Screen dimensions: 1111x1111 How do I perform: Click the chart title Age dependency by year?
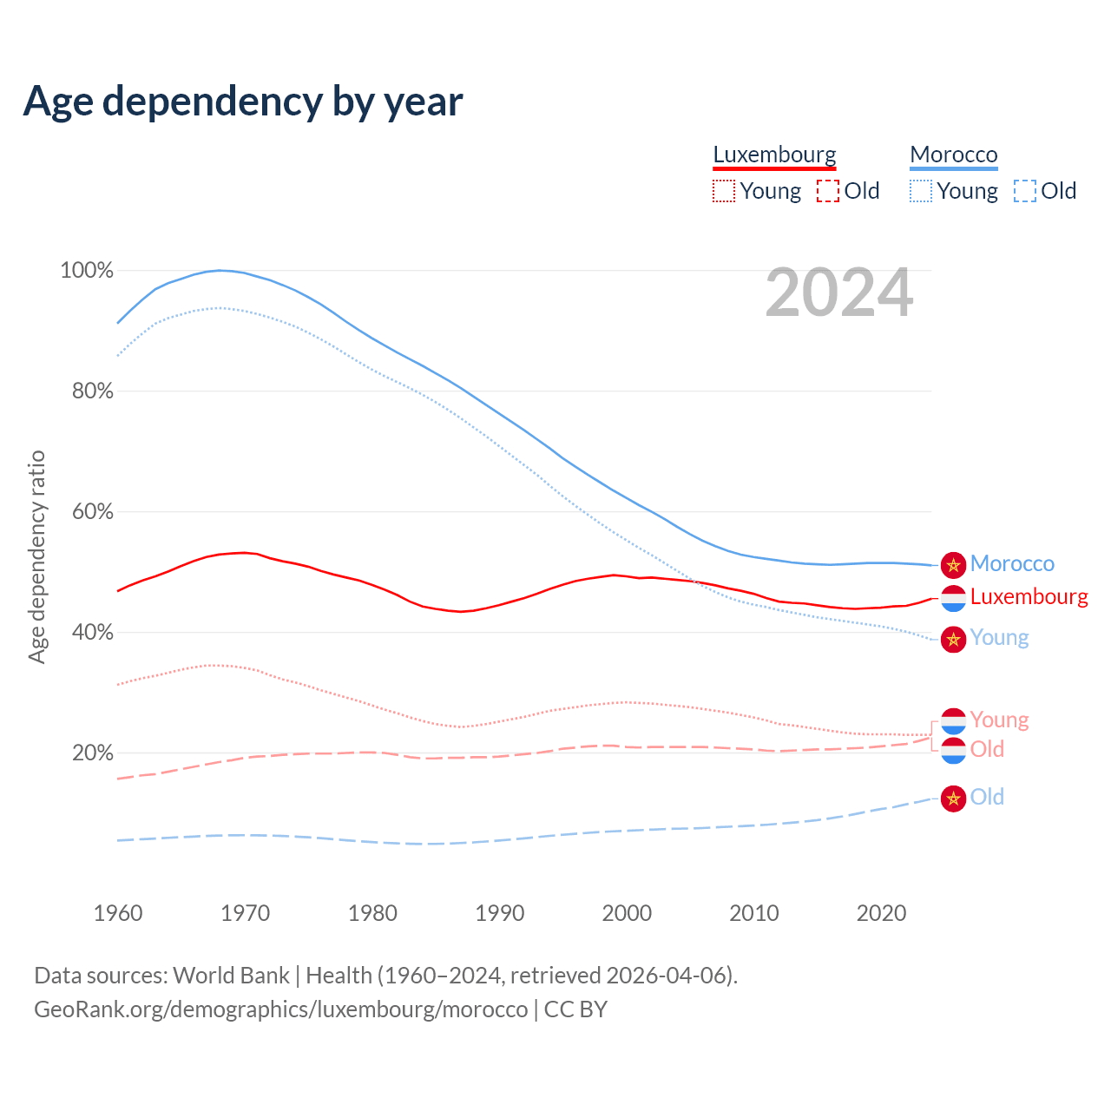point(243,102)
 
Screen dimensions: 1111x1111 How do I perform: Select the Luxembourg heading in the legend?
point(774,154)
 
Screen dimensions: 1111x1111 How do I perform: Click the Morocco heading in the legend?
point(954,154)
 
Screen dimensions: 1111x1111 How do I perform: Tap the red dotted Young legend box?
point(724,191)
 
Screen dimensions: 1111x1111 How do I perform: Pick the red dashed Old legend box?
point(828,191)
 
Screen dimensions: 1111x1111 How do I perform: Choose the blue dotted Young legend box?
point(921,191)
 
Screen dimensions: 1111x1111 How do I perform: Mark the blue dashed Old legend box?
point(1025,191)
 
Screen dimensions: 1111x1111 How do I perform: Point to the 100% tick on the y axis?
point(87,271)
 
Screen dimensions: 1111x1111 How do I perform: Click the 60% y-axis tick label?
point(92,512)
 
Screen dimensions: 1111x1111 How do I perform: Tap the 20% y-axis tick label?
point(92,753)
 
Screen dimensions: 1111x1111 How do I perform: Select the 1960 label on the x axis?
point(118,913)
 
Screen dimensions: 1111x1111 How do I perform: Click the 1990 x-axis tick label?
point(500,913)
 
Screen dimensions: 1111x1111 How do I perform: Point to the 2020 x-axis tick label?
point(881,913)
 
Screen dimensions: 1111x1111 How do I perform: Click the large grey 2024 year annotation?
point(838,293)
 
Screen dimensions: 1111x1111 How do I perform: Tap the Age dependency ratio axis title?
point(36,556)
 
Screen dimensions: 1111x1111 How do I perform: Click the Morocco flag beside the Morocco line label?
point(953,564)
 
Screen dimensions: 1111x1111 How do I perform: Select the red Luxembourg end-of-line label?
point(1029,597)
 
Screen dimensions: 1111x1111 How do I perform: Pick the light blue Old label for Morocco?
point(987,797)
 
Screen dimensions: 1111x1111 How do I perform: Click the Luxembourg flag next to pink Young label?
point(953,720)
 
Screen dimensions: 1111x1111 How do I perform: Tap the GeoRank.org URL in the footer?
point(280,1009)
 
